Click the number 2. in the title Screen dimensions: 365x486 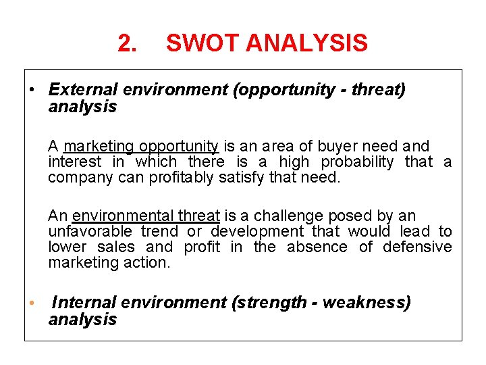127,44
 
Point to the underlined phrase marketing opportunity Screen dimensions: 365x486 141,146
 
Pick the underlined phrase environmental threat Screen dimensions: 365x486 146,216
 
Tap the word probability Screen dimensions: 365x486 357,162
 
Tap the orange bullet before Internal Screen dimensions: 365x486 32,302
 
